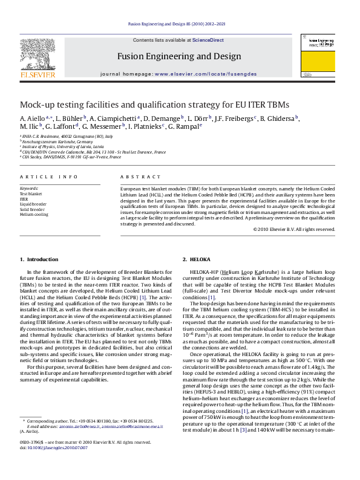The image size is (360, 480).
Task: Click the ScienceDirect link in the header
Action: click(208, 40)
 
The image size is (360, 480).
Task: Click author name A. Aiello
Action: click(32, 118)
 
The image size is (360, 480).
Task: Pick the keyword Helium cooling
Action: click(34, 214)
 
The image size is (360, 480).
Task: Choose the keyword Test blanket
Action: click(31, 194)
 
